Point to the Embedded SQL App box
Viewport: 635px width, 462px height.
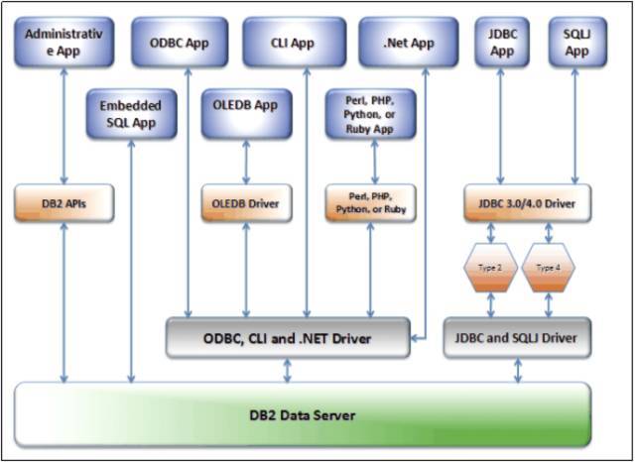(x=131, y=114)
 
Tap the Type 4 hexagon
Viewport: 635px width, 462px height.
(x=548, y=268)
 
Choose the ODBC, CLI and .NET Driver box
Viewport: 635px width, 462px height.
(x=288, y=338)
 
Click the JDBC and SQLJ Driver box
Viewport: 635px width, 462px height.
(x=517, y=338)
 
